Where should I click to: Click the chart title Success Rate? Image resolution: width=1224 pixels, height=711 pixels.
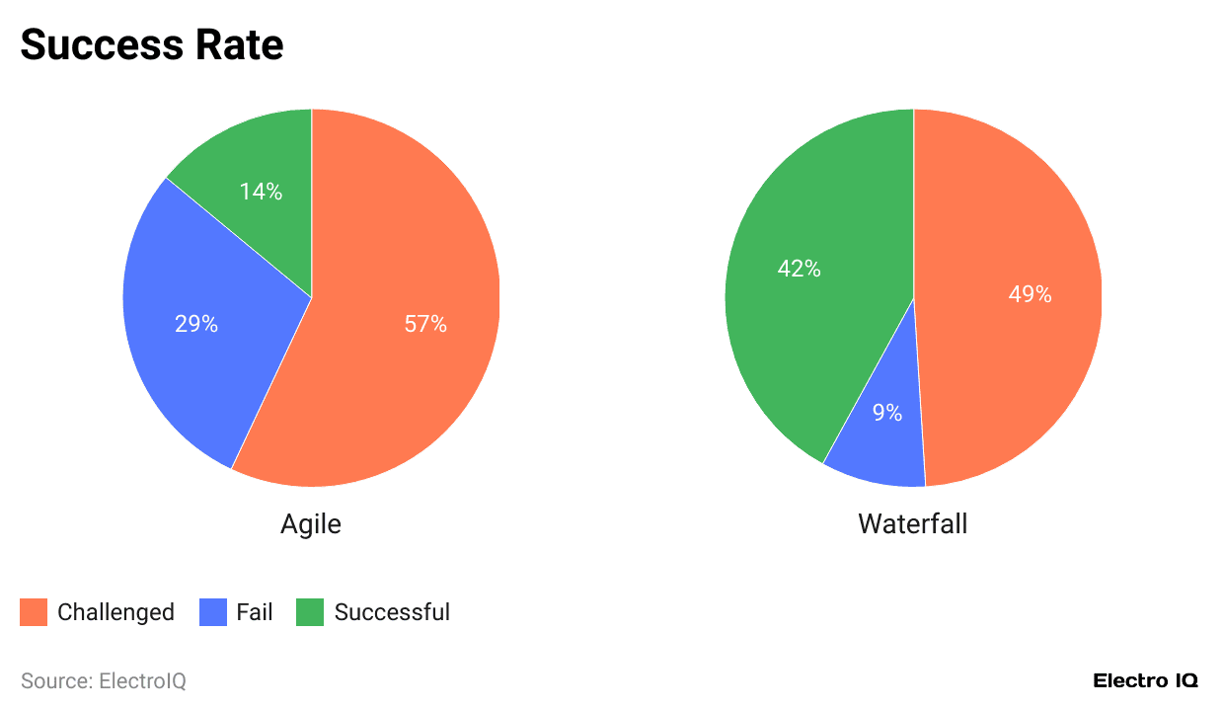pos(152,44)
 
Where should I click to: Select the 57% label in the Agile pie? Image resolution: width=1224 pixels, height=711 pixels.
pos(425,324)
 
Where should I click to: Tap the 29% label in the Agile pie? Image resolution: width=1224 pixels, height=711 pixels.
pos(196,324)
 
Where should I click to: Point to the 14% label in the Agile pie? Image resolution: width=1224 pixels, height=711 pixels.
pos(261,192)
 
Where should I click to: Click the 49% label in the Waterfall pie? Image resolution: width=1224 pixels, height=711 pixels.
pos(1030,294)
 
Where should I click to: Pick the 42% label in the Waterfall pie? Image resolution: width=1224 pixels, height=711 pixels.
pos(799,269)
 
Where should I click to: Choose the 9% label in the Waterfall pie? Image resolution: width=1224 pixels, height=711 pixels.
pos(886,413)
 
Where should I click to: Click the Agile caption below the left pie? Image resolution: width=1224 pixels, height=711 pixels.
pos(311,523)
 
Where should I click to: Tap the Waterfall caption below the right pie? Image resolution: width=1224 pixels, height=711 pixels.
pos(913,523)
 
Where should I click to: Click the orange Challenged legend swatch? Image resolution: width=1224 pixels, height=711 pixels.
pos(34,612)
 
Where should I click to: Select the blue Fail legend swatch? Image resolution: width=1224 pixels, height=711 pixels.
pos(213,612)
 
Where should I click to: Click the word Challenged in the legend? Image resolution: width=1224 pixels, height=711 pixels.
pos(115,612)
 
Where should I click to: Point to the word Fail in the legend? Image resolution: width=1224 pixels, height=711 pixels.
pos(255,612)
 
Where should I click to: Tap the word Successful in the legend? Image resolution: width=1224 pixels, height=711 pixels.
pos(392,612)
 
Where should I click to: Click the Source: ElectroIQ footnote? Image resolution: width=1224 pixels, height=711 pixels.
pos(104,681)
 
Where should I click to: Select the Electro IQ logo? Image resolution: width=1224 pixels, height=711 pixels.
pos(1145,681)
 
